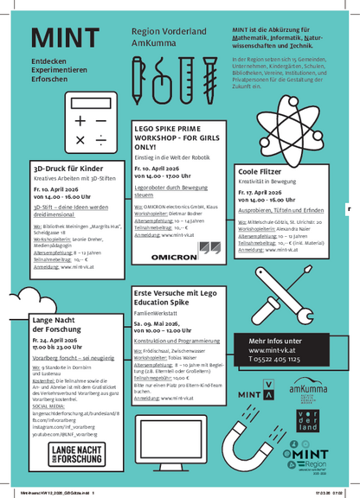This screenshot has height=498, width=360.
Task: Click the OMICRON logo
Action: (176, 258)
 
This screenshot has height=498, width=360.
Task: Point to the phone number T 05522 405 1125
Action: (276, 358)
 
